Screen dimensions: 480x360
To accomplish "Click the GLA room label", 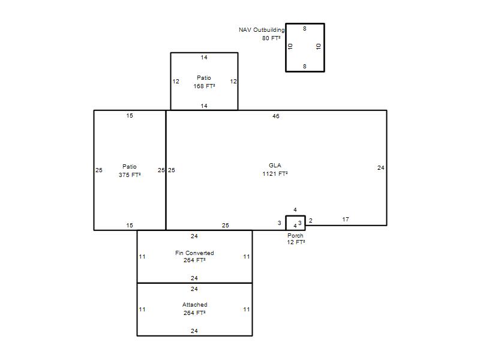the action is [x=275, y=166].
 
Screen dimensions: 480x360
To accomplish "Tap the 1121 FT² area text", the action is [x=275, y=174].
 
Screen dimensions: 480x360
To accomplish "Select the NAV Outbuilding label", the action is [x=262, y=29].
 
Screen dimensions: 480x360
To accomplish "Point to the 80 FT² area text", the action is [x=271, y=38].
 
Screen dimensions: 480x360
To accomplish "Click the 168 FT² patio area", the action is [x=204, y=86].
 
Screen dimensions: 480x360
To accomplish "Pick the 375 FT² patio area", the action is [x=130, y=175].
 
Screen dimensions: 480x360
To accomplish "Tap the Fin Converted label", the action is [x=194, y=253].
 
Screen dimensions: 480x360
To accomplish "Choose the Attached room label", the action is [x=194, y=305].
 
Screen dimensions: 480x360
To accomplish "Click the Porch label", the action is [x=295, y=236].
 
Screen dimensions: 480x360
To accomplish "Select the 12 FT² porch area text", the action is [x=296, y=242].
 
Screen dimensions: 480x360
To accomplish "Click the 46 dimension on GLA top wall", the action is [x=276, y=116].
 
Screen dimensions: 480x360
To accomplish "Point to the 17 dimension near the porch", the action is [x=346, y=220].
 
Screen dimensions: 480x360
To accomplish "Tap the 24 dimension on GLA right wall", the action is [x=381, y=168].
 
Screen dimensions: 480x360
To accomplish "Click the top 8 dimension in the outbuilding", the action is [x=305, y=29].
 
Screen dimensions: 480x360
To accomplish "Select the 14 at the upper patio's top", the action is [x=204, y=58].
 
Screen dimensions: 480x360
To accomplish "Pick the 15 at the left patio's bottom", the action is [x=130, y=226].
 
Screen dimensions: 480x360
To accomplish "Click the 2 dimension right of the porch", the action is [x=311, y=220].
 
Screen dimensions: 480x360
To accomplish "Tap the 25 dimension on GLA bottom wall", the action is [x=226, y=226].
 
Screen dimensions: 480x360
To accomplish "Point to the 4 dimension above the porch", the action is [x=295, y=209].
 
